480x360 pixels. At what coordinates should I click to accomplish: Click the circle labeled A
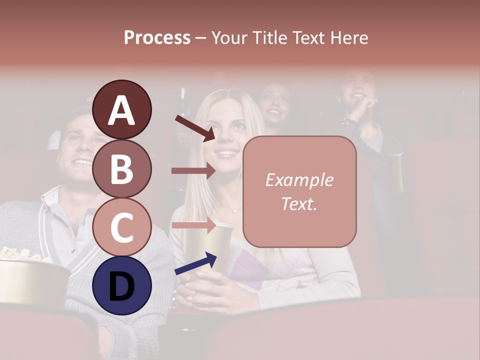122,109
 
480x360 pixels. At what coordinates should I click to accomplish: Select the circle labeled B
122,168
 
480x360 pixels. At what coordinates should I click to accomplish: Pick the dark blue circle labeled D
122,285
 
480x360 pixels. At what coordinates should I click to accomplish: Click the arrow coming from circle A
194,128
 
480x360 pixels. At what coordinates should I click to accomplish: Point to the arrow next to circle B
193,170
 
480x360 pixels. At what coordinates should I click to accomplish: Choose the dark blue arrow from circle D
195,263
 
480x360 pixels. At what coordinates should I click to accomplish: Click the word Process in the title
157,37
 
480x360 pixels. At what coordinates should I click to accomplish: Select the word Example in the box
299,180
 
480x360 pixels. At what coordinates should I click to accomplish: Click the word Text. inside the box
299,203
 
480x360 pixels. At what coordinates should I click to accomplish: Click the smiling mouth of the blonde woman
228,152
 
